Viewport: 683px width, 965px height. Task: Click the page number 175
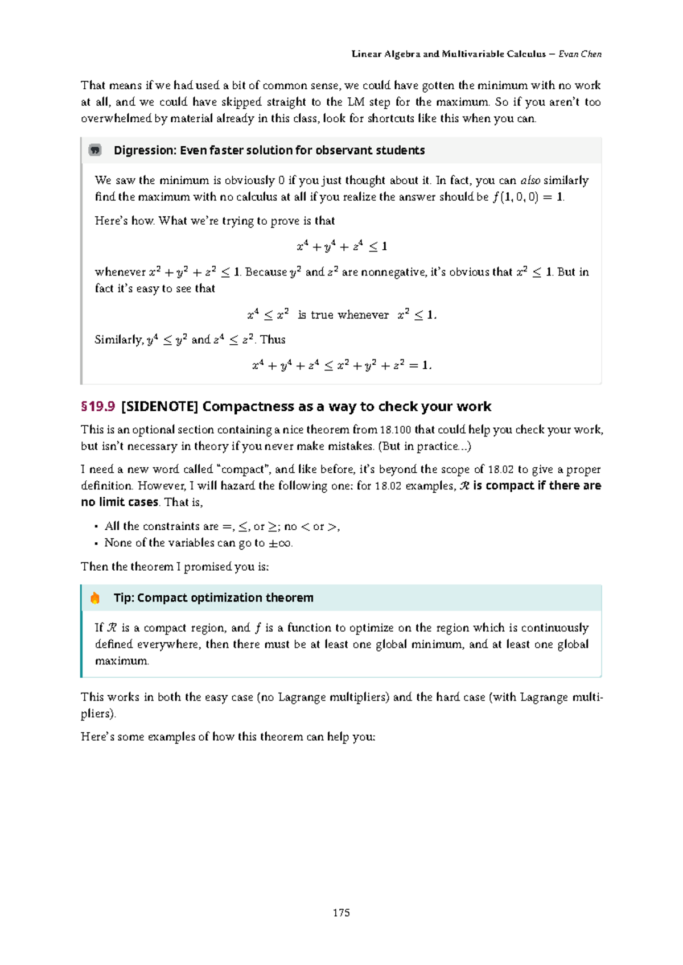point(341,913)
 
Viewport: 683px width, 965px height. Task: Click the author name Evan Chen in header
point(580,54)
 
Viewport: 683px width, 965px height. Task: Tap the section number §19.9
point(98,406)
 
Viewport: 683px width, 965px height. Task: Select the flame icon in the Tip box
point(95,598)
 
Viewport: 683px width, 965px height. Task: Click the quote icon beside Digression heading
point(95,150)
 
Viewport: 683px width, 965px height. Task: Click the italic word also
point(530,180)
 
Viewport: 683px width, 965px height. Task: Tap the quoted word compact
point(243,469)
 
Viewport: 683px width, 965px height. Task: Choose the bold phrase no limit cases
point(120,502)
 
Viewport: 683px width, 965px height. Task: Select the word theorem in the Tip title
point(289,598)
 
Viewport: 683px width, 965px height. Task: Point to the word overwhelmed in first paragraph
point(116,118)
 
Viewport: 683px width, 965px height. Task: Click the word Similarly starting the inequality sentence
point(118,340)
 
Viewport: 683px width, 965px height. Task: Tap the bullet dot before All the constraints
point(97,527)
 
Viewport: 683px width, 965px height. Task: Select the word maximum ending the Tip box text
point(121,661)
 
